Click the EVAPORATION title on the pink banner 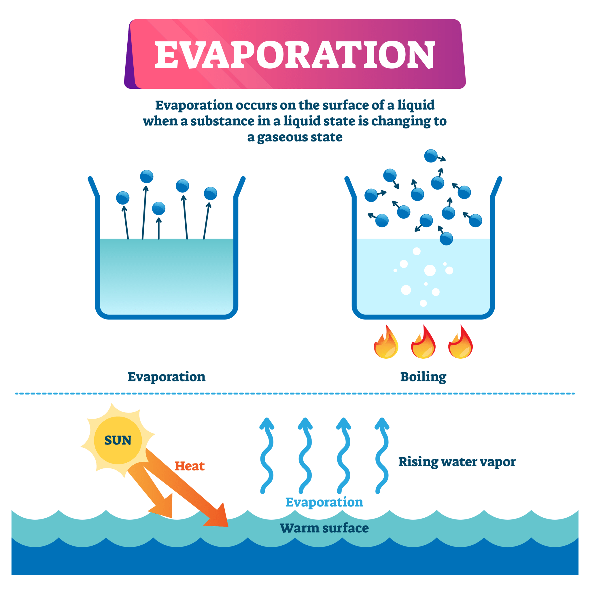click(295, 55)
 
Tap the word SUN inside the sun click(118, 440)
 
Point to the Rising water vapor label click(457, 462)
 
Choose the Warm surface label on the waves click(324, 528)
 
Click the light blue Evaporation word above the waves click(324, 502)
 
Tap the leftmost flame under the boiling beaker click(386, 344)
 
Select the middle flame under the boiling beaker click(423, 344)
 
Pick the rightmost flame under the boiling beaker click(461, 344)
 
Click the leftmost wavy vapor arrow click(266, 455)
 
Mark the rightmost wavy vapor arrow click(382, 455)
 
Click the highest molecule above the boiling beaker click(431, 156)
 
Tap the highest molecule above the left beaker click(147, 177)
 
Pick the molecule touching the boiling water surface click(446, 239)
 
